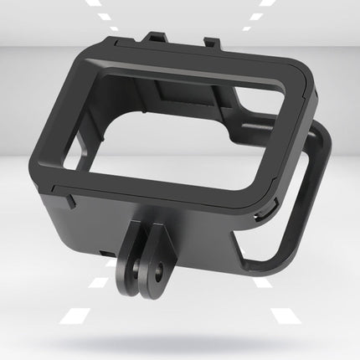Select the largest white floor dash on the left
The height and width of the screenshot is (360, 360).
coord(78,316)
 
